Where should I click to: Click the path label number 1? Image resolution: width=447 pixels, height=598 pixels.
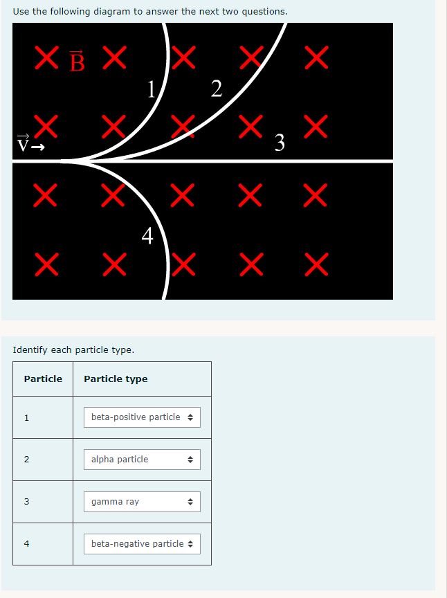(x=152, y=89)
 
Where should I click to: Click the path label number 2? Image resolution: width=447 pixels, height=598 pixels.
(x=217, y=89)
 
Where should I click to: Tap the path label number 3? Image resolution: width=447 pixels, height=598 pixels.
(x=280, y=143)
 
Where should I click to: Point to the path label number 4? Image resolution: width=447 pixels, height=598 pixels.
(x=147, y=236)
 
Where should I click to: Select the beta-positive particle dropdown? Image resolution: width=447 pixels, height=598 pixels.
(x=142, y=417)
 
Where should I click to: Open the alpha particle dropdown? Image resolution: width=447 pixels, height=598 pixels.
(x=142, y=460)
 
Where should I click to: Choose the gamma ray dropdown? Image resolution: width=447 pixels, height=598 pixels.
(x=142, y=502)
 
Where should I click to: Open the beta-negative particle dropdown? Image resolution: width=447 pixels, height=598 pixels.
(x=142, y=544)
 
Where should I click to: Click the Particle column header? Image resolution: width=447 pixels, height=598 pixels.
(x=43, y=379)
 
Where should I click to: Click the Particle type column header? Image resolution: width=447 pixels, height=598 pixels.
(x=116, y=379)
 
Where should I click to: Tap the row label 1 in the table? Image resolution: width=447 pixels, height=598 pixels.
(x=26, y=417)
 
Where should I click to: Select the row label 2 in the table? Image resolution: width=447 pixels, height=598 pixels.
(x=26, y=460)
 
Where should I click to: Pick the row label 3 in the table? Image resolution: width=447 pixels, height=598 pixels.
(x=26, y=502)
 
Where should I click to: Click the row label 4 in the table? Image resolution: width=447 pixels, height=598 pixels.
(x=26, y=544)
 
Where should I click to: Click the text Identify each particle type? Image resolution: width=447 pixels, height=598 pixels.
(x=73, y=350)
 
